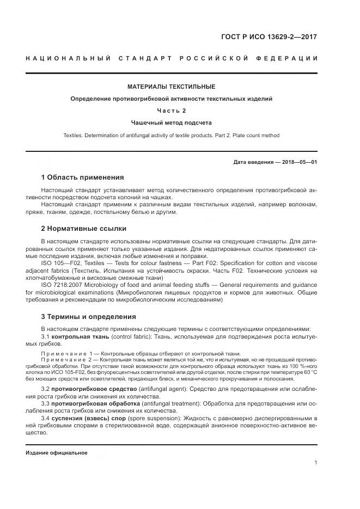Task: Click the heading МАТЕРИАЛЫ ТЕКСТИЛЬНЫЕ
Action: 172,87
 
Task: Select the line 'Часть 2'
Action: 172,111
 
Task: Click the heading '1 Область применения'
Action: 82,177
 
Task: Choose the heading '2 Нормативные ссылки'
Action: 83,229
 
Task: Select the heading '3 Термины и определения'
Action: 89,317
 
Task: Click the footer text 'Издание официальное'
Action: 57,453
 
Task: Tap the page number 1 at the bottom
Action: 316,463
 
